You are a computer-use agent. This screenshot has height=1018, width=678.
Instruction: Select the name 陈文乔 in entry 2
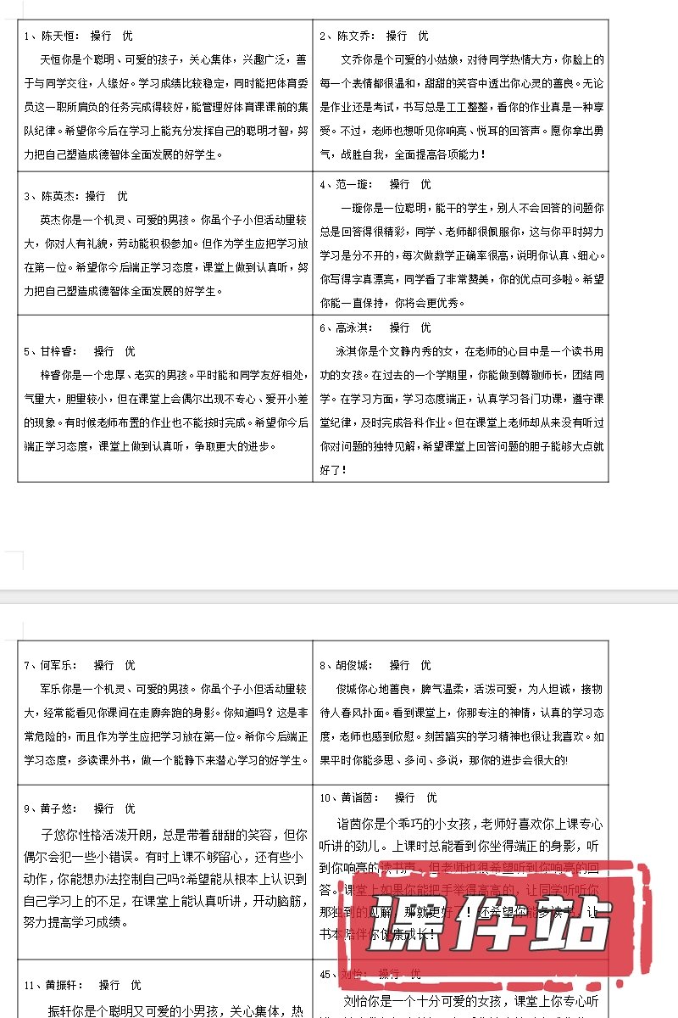click(354, 36)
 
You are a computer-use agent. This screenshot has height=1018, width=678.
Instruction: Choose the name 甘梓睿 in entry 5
click(59, 351)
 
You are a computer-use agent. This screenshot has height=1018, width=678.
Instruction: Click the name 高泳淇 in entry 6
click(354, 327)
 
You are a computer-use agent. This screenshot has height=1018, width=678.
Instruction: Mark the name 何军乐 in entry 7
click(59, 665)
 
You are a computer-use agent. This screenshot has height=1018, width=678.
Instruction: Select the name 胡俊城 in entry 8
click(354, 665)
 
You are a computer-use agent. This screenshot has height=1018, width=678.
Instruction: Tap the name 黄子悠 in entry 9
click(59, 809)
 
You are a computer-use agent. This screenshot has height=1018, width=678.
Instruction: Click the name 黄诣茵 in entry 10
click(358, 797)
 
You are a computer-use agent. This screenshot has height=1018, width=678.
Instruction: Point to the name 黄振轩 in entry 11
click(63, 985)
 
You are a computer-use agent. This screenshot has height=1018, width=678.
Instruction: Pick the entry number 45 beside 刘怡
click(325, 974)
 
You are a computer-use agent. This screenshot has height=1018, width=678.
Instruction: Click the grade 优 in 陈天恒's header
click(127, 36)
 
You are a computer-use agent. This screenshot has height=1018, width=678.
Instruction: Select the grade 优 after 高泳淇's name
click(425, 327)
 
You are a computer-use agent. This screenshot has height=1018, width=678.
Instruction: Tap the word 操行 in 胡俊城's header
click(400, 665)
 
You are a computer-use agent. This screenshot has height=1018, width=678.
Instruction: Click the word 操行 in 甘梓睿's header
click(103, 351)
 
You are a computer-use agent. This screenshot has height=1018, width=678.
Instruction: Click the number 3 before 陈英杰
click(26, 196)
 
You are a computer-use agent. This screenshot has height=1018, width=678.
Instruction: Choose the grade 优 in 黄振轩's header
click(136, 985)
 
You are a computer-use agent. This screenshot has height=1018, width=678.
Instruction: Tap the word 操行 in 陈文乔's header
click(397, 36)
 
